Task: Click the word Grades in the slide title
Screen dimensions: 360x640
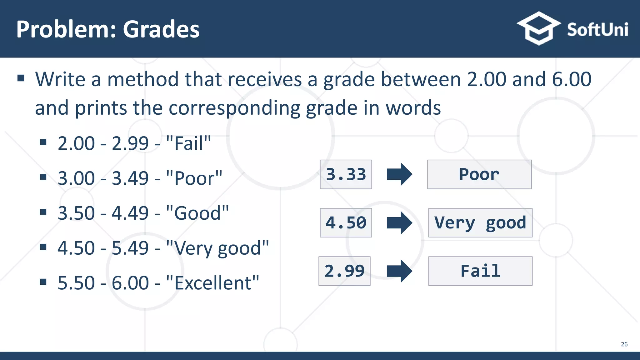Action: coord(161,29)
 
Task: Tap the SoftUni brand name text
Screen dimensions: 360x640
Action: coord(597,30)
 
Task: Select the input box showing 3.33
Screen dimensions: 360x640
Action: coord(346,174)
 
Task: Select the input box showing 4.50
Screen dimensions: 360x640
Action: coord(346,223)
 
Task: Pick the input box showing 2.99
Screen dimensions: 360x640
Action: coord(344,271)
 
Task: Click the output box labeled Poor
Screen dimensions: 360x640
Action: coord(479,174)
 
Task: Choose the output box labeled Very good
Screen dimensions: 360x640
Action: coord(480,223)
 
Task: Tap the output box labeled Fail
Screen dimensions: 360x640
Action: coord(480,271)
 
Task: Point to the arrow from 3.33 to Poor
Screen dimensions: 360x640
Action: coord(399,174)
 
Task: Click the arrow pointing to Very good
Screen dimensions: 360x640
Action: coord(399,223)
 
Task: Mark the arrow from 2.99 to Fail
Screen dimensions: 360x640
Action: coord(399,271)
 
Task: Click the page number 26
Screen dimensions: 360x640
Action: coord(624,344)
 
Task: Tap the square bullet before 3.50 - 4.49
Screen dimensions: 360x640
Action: coord(43,212)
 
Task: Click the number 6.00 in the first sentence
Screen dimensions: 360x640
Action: coord(571,79)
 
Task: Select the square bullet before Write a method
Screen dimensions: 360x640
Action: coord(21,78)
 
